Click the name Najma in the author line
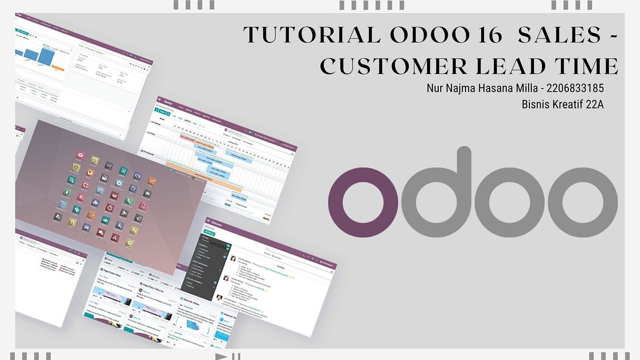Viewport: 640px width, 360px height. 462,88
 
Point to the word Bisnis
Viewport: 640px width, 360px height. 536,104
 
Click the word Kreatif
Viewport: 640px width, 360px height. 568,104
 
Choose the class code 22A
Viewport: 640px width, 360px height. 595,104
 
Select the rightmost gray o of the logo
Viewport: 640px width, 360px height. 583,196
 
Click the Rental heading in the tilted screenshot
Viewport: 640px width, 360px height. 168,103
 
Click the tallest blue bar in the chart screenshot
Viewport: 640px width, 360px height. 46,57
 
